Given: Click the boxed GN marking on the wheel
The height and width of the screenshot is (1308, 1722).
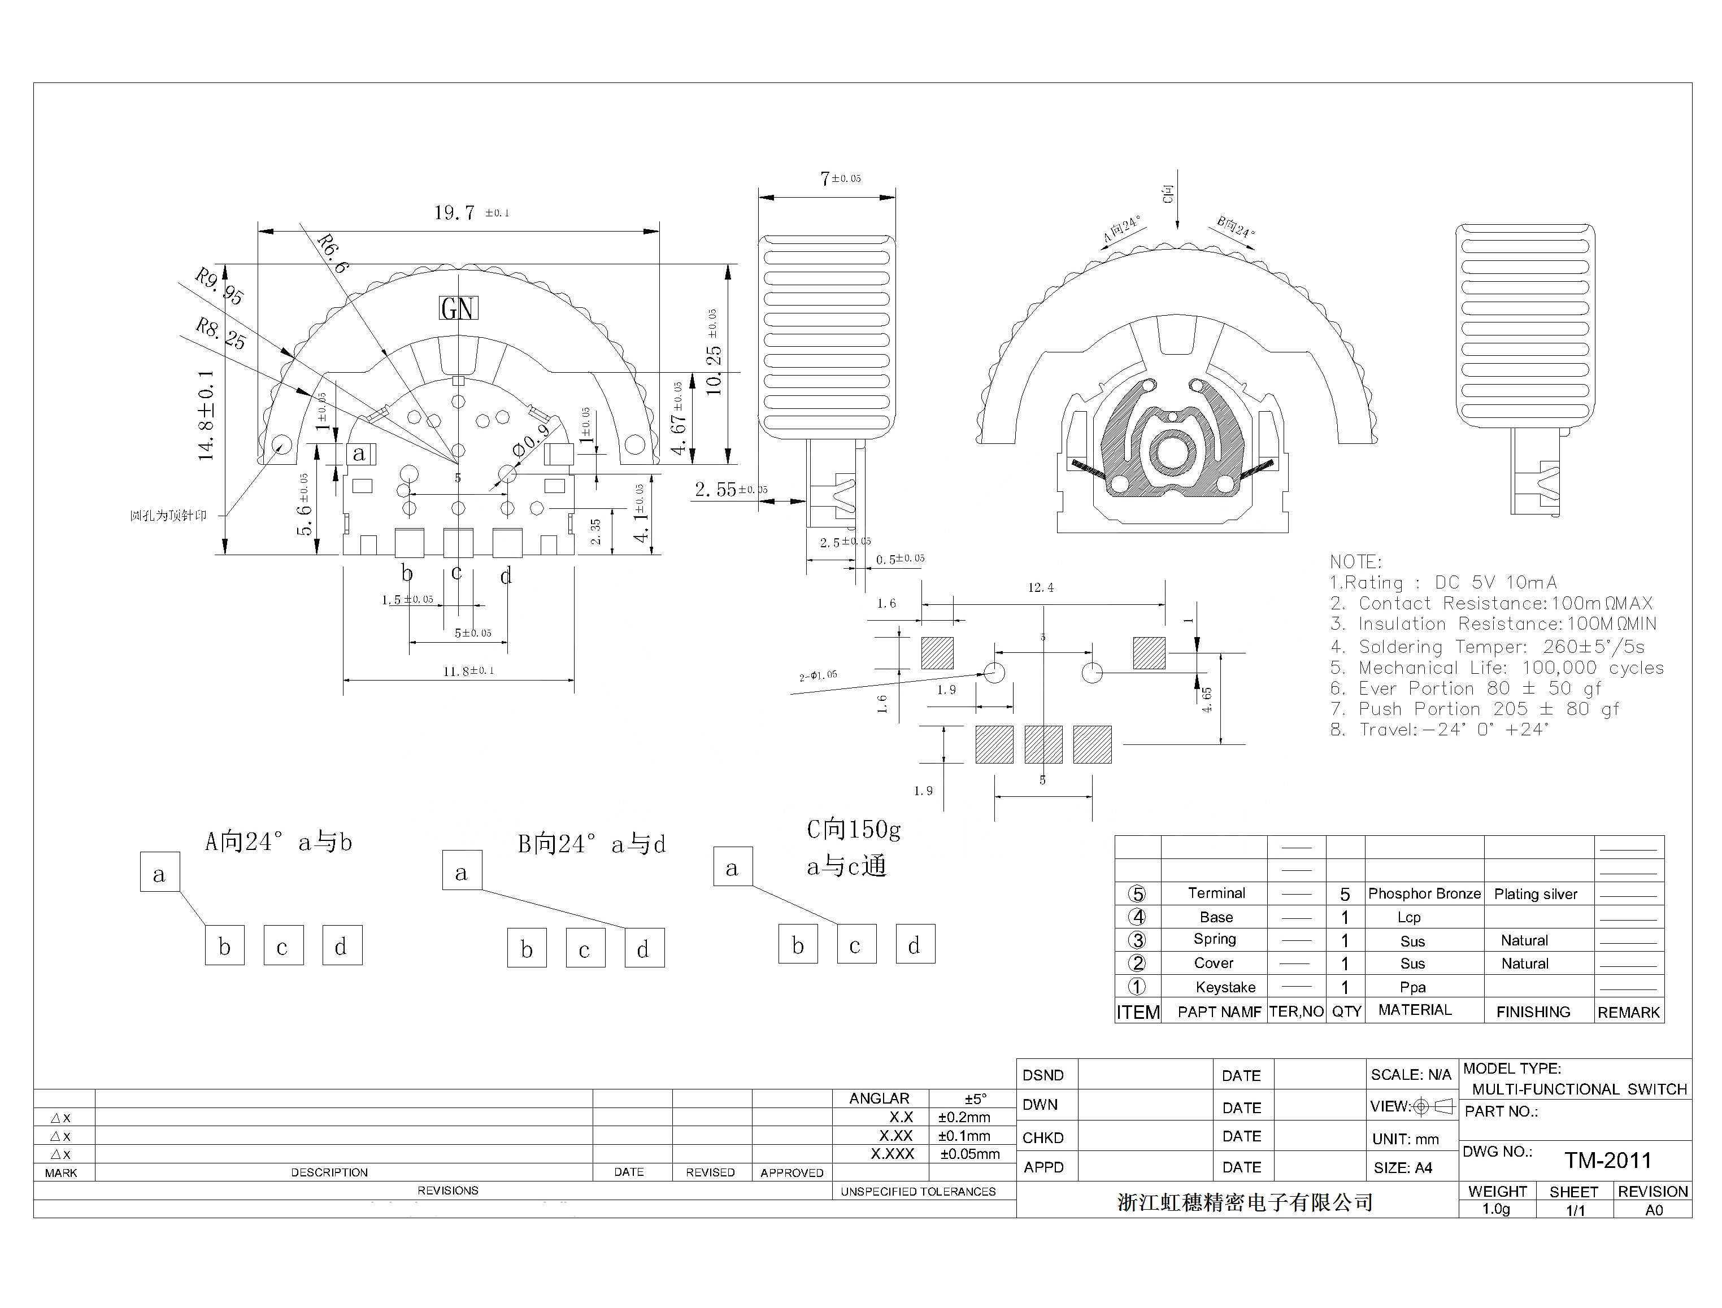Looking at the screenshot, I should pos(458,308).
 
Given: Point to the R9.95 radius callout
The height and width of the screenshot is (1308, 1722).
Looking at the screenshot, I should pos(219,286).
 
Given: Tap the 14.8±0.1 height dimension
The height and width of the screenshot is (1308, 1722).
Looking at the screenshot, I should pos(206,414).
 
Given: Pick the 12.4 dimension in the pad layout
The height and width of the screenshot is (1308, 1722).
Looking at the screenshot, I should pos(1041,588).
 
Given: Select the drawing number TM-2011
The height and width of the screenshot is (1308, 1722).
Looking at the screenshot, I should pos(1607,1161).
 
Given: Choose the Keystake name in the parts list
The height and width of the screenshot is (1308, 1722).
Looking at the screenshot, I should pos(1225,987).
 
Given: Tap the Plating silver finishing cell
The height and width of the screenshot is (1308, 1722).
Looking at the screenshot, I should pos(1535,895).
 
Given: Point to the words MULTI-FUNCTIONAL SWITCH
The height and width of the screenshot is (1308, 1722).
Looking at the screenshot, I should pos(1578,1089).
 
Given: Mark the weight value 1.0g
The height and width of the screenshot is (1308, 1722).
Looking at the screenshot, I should pos(1495,1209).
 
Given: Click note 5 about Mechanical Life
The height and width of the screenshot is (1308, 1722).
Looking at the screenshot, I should pos(1496,668).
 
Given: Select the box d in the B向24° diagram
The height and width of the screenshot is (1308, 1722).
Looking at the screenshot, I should pos(644,948).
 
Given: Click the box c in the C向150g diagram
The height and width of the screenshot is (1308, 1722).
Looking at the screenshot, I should pos(856,945).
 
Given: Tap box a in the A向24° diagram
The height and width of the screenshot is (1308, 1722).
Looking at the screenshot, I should pos(160,873).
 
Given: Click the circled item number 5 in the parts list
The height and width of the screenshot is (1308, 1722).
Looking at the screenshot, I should pos(1137,894).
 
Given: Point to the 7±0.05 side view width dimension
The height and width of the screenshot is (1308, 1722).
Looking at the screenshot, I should pos(840,179).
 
